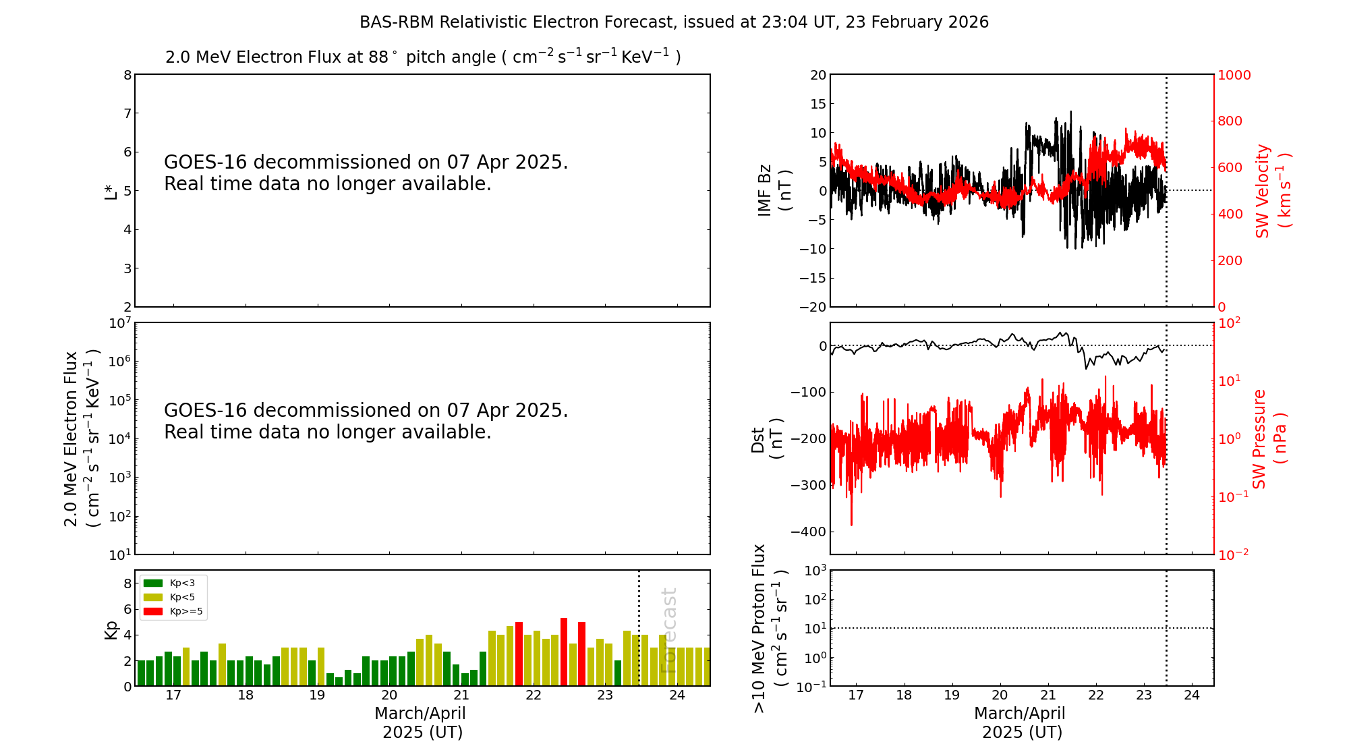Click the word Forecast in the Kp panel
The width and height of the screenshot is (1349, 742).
tap(668, 631)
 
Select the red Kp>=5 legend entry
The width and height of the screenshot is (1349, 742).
tap(173, 612)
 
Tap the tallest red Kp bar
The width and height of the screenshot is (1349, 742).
tap(564, 652)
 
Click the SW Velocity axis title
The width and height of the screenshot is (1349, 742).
tap(1272, 191)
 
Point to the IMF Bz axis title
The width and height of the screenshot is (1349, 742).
tap(774, 190)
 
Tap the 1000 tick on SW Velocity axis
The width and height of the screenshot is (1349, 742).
tap(1234, 75)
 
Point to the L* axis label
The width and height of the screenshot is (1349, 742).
tap(111, 191)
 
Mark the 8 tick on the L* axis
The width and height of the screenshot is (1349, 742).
tap(127, 75)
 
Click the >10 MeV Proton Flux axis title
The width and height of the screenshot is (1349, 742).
tap(770, 628)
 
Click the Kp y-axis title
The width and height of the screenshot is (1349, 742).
tap(111, 629)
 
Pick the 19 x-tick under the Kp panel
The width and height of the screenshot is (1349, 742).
tap(317, 695)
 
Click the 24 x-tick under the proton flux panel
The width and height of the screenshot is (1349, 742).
tap(1192, 695)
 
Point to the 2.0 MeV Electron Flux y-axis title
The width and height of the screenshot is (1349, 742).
tap(81, 438)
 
